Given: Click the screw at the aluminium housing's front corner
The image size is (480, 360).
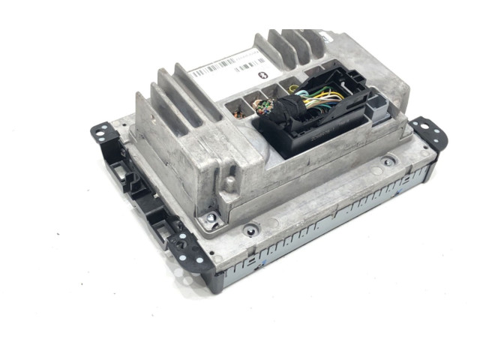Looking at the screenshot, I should (x=213, y=218).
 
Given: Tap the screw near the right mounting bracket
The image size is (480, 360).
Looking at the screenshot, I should (x=387, y=161).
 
